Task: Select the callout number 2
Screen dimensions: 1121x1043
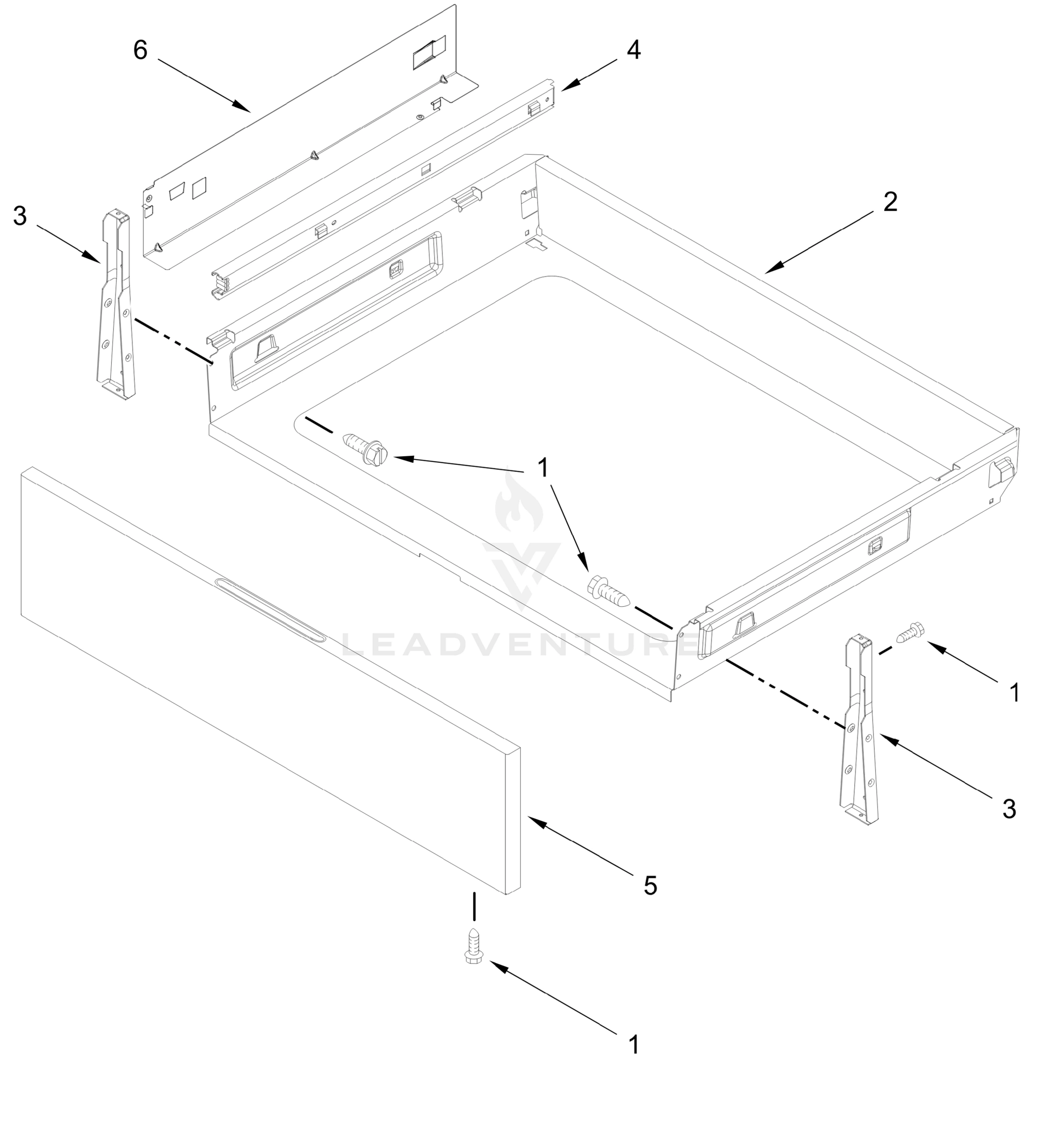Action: [890, 202]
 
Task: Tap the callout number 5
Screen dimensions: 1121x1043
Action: [650, 887]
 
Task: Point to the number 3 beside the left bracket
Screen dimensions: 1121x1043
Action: [20, 216]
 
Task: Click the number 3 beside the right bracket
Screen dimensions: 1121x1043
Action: [1009, 809]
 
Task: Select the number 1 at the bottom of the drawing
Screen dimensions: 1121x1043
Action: [634, 1045]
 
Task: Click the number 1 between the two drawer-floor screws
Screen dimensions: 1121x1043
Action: [543, 468]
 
